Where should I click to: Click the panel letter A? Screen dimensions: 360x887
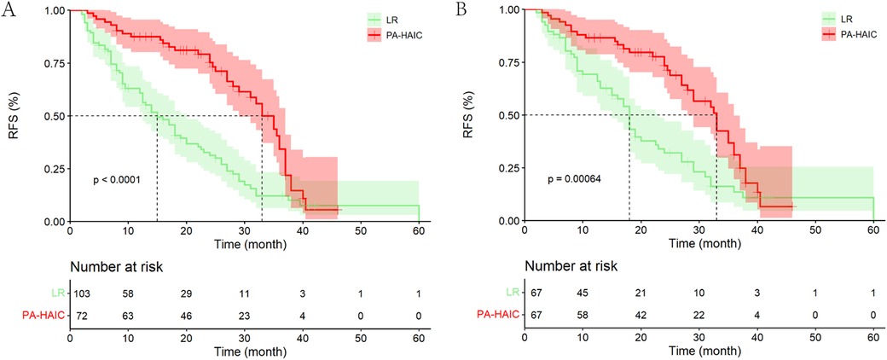(x=11, y=13)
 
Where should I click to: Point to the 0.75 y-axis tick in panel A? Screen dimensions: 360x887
(x=55, y=63)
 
